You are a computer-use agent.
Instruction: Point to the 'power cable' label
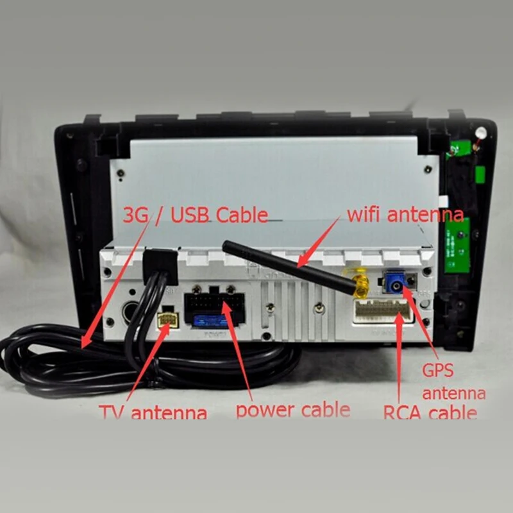292,409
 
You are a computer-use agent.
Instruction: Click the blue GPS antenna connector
395,283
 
